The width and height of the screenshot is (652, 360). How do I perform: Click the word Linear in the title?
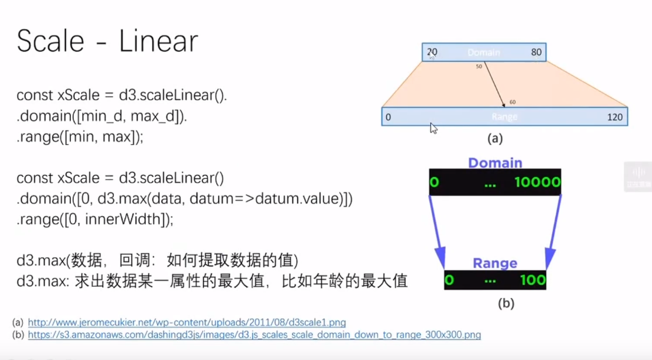click(158, 42)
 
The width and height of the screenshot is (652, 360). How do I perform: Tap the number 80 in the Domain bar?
click(536, 52)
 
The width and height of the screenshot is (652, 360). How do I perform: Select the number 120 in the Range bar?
click(614, 117)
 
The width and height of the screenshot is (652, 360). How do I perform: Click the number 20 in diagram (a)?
click(432, 52)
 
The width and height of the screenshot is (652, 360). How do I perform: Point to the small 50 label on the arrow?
click(478, 67)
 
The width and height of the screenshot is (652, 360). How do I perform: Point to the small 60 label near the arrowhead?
click(512, 102)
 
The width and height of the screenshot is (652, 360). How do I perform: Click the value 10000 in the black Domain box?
click(537, 182)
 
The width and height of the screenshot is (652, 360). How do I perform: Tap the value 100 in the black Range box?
click(533, 280)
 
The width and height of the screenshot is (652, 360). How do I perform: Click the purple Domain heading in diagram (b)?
click(495, 162)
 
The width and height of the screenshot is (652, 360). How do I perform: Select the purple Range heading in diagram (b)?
click(495, 263)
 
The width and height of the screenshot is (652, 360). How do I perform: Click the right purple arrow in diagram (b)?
click(554, 230)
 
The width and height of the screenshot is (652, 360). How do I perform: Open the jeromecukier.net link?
click(187, 322)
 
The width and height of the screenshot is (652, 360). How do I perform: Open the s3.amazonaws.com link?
click(254, 335)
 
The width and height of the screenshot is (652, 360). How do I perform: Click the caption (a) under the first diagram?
click(494, 139)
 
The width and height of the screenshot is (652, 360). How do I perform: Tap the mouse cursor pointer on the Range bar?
click(434, 128)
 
